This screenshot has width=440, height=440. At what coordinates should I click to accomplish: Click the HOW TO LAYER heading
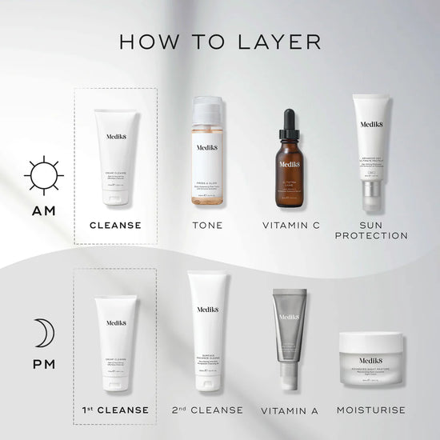click(x=220, y=41)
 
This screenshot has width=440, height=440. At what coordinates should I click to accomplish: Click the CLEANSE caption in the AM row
click(x=115, y=225)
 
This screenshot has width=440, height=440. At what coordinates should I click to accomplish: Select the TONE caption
click(x=207, y=225)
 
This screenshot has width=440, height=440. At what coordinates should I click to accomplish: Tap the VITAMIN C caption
click(x=291, y=225)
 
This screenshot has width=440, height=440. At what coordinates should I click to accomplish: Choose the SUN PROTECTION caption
click(x=371, y=230)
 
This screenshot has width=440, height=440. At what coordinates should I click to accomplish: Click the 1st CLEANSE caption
click(x=115, y=410)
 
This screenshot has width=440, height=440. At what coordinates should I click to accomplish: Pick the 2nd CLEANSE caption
click(x=207, y=410)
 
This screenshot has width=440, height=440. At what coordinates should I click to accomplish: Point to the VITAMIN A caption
click(x=290, y=411)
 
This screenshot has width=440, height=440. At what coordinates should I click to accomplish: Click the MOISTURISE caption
click(x=370, y=410)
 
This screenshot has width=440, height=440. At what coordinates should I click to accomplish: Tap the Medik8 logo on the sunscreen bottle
click(x=371, y=125)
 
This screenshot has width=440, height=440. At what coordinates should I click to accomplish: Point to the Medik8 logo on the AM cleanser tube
click(x=117, y=137)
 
